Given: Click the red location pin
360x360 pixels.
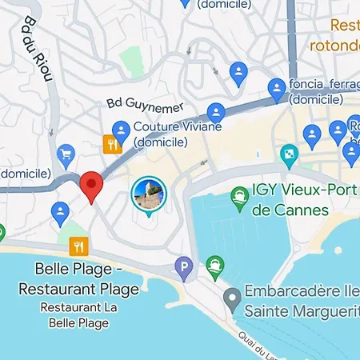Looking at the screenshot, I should pyautogui.click(x=93, y=186).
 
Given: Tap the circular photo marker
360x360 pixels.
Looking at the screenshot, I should pyautogui.click(x=148, y=194).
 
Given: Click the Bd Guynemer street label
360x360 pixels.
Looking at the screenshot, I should pyautogui.click(x=145, y=105).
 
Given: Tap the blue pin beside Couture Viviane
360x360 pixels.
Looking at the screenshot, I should pyautogui.click(x=122, y=129).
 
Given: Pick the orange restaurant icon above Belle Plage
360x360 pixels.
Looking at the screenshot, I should pyautogui.click(x=78, y=245).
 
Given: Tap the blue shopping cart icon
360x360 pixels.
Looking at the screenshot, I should pyautogui.click(x=66, y=153).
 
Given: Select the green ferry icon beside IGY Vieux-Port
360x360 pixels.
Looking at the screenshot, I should pyautogui.click(x=238, y=194).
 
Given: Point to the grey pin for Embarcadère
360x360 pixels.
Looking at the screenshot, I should pyautogui.click(x=232, y=300).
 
